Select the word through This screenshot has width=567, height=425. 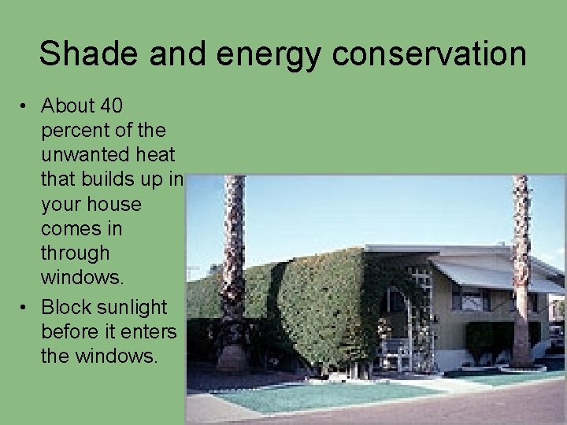(x=75, y=253)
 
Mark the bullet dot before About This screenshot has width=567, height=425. (x=26, y=105)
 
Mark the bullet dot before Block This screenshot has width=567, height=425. (x=26, y=306)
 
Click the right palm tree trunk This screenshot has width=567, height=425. (x=521, y=268)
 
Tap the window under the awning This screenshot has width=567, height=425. (x=470, y=299)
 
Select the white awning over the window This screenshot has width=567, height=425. (x=480, y=275)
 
